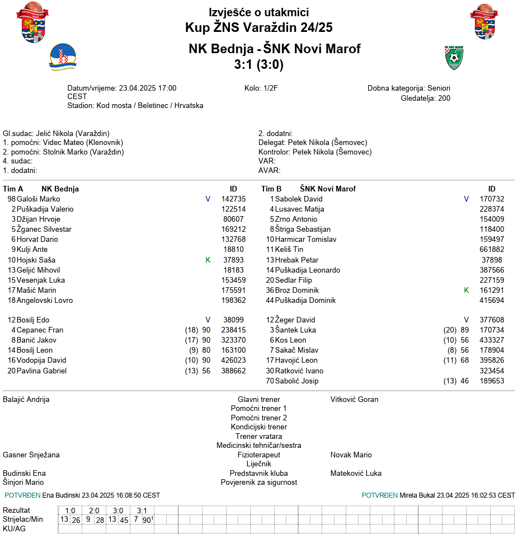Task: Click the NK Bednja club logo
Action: tap(62, 57)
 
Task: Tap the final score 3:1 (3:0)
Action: tap(258, 65)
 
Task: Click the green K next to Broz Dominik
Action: tap(467, 290)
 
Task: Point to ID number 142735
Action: tap(233, 199)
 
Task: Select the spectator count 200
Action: tap(444, 98)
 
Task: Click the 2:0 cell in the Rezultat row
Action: tap(94, 511)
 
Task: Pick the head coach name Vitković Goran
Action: tap(354, 399)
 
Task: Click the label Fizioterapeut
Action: tap(258, 455)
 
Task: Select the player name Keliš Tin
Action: tap(289, 249)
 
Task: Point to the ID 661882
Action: tap(492, 249)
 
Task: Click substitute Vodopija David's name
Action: tap(41, 360)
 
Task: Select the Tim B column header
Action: tap(271, 189)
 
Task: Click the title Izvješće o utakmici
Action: tap(258, 12)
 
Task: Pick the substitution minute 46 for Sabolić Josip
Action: tap(464, 381)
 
